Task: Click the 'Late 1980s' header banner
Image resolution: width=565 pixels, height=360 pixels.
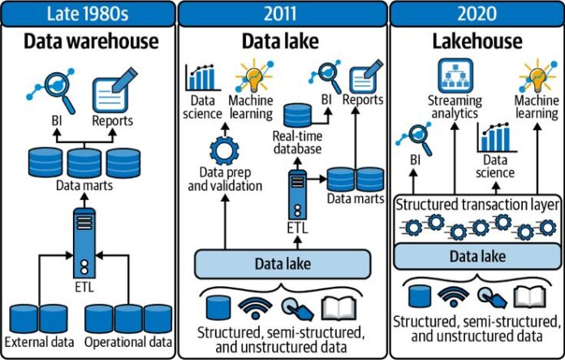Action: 88,14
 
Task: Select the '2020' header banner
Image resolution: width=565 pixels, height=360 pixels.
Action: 477,14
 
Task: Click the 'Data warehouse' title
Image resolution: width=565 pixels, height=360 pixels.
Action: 91,41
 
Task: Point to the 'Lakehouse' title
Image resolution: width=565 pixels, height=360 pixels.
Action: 477,41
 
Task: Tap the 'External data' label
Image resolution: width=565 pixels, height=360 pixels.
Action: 39,342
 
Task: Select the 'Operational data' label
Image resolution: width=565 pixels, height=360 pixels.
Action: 128,342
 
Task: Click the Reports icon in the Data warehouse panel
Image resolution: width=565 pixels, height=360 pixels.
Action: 114,90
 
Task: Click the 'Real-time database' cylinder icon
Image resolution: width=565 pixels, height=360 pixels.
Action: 298,115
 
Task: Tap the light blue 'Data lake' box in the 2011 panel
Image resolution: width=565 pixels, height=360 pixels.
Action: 282,264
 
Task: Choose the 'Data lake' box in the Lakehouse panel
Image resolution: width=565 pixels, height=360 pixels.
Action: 478,257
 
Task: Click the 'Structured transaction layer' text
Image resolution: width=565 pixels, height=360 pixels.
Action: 478,205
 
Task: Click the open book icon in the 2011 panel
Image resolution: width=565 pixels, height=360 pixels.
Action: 339,309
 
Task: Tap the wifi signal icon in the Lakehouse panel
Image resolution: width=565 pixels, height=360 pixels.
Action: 453,297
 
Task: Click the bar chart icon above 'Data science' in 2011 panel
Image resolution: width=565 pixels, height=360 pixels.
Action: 203,77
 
